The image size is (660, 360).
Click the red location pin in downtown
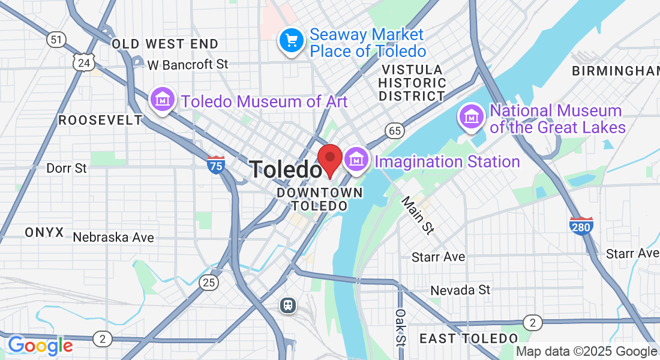click(329, 158)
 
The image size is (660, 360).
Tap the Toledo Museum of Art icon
click(162, 100)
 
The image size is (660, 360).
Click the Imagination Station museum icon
click(357, 161)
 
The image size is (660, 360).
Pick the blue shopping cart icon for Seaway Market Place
click(292, 41)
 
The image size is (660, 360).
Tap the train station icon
click(289, 305)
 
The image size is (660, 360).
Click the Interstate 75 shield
click(216, 164)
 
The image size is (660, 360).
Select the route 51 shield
click(56, 40)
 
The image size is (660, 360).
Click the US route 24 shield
click(84, 62)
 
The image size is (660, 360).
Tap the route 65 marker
click(394, 130)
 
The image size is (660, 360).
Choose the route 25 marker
click(209, 283)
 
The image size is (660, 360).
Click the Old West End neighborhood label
click(165, 44)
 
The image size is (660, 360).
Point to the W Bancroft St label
click(188, 64)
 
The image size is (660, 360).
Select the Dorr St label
click(67, 168)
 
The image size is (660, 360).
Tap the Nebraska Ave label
click(113, 238)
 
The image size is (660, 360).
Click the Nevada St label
click(460, 290)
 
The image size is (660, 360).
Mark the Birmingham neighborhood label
click(615, 71)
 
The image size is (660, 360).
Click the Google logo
click(40, 346)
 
